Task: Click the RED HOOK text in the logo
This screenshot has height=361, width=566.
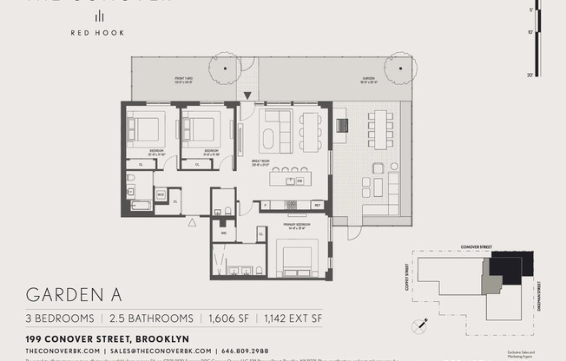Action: click(98, 33)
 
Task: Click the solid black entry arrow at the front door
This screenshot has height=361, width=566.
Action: click(247, 95)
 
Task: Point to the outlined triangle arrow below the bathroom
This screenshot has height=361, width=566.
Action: click(192, 221)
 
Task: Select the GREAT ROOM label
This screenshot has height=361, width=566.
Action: click(259, 161)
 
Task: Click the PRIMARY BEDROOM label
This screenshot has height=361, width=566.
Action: click(297, 224)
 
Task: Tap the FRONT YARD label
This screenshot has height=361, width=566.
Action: click(184, 79)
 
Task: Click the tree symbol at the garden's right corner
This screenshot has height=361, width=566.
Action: click(401, 67)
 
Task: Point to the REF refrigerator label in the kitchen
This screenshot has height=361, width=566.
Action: click(318, 206)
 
